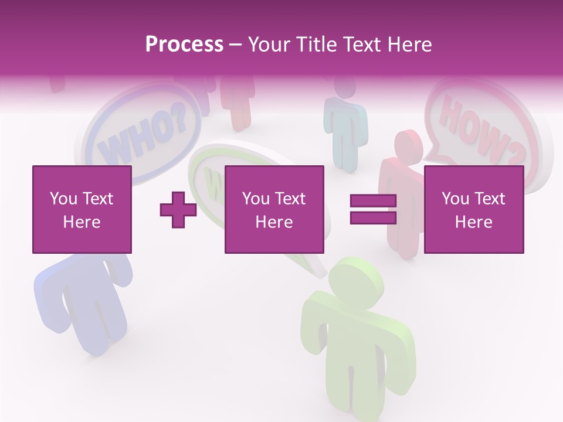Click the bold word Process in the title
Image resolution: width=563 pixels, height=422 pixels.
coord(184,44)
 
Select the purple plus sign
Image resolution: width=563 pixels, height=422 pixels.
coord(178,210)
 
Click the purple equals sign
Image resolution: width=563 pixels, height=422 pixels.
coord(373,210)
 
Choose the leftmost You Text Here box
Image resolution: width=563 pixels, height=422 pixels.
coord(82,209)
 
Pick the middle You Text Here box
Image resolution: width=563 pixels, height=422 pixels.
coord(274,209)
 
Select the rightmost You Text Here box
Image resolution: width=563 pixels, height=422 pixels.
coord(474,209)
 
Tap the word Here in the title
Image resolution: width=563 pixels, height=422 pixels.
coord(409,45)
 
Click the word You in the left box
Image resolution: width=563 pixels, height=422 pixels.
coord(63,199)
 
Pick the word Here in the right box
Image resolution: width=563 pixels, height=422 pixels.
coord(474,222)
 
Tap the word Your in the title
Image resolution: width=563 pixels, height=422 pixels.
coord(270,45)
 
